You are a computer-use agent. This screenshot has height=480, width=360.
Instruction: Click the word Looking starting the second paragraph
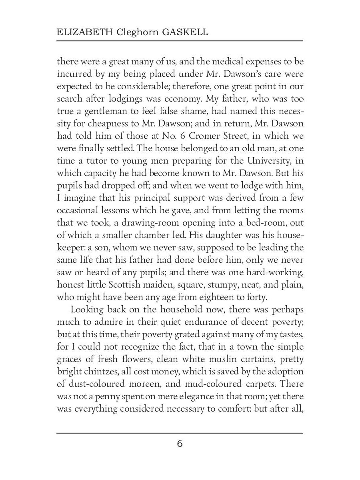tap(88, 310)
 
